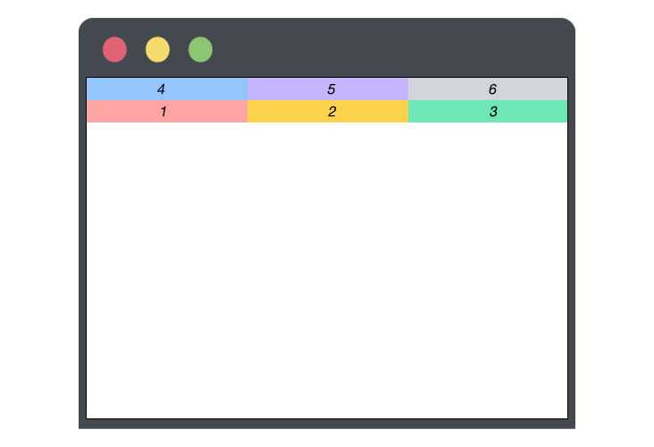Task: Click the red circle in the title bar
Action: pos(114,50)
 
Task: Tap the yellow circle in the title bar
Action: pos(157,50)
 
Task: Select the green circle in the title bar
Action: pos(201,50)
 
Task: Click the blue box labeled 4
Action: pos(167,89)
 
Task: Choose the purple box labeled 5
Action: pos(328,89)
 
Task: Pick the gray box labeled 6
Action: pos(488,89)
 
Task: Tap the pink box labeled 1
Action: pos(167,112)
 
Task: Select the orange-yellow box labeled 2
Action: pos(328,112)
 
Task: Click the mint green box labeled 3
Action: pos(488,112)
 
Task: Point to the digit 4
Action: pos(161,89)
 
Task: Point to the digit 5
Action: pos(331,89)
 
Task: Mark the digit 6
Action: pos(492,89)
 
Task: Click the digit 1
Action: pos(163,112)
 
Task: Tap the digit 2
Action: pos(332,112)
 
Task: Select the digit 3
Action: pos(493,112)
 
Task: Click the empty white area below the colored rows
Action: pos(327,270)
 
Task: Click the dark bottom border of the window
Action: pos(327,424)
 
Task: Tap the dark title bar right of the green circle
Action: pos(392,48)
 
